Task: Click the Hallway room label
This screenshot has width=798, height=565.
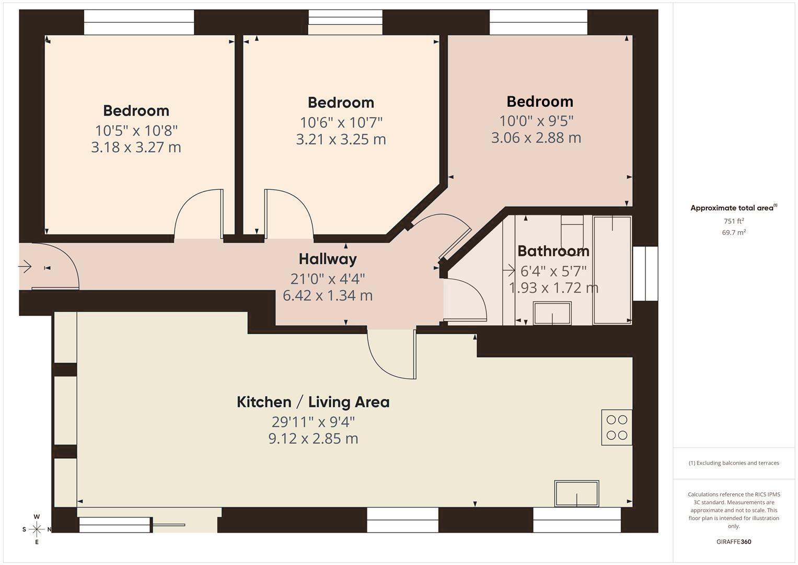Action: point(327,259)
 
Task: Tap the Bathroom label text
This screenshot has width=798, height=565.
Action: point(553,251)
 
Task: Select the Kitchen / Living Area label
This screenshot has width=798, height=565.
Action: point(313,402)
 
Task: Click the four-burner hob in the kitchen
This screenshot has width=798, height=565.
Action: point(617,427)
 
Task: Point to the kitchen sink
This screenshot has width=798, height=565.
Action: point(576,493)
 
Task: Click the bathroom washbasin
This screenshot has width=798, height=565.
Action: point(552,313)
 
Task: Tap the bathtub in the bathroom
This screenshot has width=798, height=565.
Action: point(612,270)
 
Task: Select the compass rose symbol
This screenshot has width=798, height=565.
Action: point(37,529)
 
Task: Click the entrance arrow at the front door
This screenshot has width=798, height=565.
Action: point(25,266)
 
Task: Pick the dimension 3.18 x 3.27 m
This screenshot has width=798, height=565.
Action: point(136,148)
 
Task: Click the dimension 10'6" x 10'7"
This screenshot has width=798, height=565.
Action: point(341,123)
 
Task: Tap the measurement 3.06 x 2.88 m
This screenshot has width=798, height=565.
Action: point(536,138)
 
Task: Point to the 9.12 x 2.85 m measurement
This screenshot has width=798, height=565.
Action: point(313,438)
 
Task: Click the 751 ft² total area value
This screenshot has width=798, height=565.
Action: point(734,221)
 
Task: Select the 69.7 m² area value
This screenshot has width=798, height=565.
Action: point(734,233)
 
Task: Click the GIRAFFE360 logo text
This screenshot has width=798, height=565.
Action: point(734,542)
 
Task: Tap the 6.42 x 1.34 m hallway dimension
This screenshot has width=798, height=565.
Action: point(327,296)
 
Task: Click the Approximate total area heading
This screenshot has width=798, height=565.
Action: point(734,208)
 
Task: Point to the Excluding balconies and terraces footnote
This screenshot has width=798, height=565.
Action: point(734,463)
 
